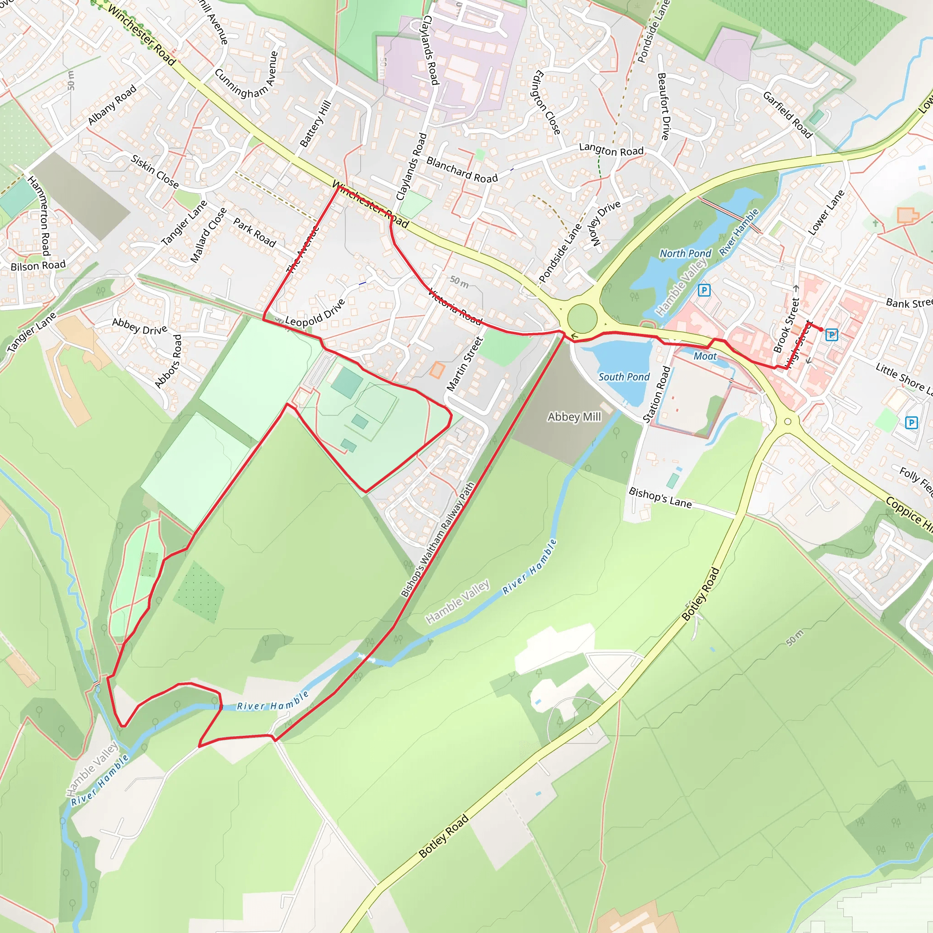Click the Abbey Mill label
[x=574, y=417]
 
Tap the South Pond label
[x=624, y=377]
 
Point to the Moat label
[x=705, y=356]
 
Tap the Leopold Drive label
[x=315, y=313]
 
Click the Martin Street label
[x=465, y=364]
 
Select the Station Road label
[x=657, y=395]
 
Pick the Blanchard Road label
[x=461, y=170]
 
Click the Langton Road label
[x=611, y=150]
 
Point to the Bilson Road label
[x=38, y=266]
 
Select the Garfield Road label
[x=788, y=114]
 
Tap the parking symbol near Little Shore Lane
[x=911, y=423]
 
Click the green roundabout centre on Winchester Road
[x=582, y=318]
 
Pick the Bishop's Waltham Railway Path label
[x=438, y=539]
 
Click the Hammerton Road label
[x=39, y=215]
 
